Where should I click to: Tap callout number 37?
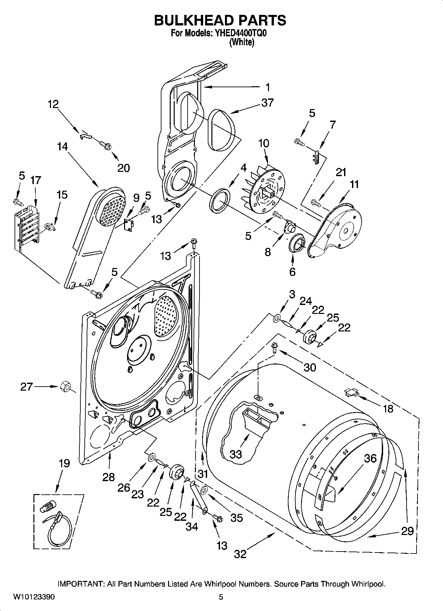(x=267, y=103)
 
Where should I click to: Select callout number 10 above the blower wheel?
(x=264, y=143)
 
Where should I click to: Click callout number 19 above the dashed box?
(x=65, y=463)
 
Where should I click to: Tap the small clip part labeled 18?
(x=351, y=392)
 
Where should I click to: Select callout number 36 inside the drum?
(x=370, y=458)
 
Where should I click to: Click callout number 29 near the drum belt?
(x=407, y=531)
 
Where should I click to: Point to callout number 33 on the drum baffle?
(x=236, y=454)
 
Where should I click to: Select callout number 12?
(x=53, y=104)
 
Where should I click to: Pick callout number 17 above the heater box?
(x=36, y=180)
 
